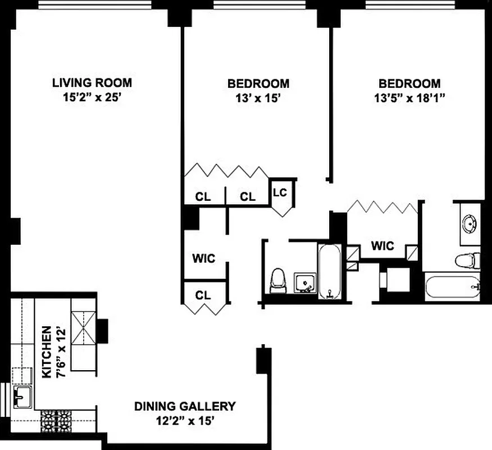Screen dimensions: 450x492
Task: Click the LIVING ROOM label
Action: tap(92, 83)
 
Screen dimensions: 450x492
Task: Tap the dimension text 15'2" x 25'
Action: tap(92, 97)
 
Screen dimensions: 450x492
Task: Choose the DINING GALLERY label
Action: tap(184, 406)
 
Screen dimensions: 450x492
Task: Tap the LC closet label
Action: tap(280, 192)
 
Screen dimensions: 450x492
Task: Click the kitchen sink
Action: tap(22, 397)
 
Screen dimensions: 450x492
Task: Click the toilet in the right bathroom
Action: tap(466, 260)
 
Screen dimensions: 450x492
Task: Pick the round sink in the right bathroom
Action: tap(470, 224)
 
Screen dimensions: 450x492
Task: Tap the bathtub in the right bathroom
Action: tap(453, 286)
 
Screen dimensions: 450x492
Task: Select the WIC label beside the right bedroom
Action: tap(382, 246)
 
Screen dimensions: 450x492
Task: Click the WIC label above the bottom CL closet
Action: tap(204, 259)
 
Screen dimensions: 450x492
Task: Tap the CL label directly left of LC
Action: tap(248, 197)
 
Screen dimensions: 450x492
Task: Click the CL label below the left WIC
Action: tap(204, 295)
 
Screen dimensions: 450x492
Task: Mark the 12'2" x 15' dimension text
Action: tap(184, 421)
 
